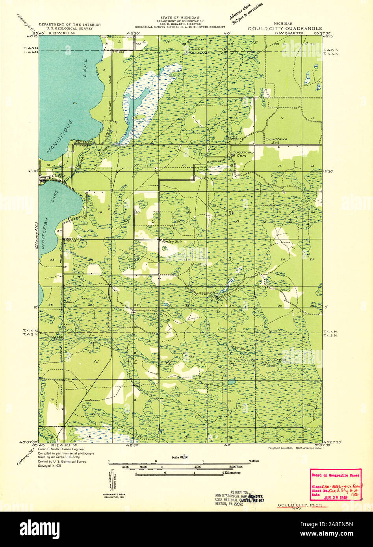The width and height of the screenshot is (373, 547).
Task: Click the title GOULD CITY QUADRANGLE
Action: (x=285, y=29)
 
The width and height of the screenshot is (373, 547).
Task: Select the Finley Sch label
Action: (x=167, y=241)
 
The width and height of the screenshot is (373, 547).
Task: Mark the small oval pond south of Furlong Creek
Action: (x=232, y=382)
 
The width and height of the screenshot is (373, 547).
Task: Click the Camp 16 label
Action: (x=234, y=139)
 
